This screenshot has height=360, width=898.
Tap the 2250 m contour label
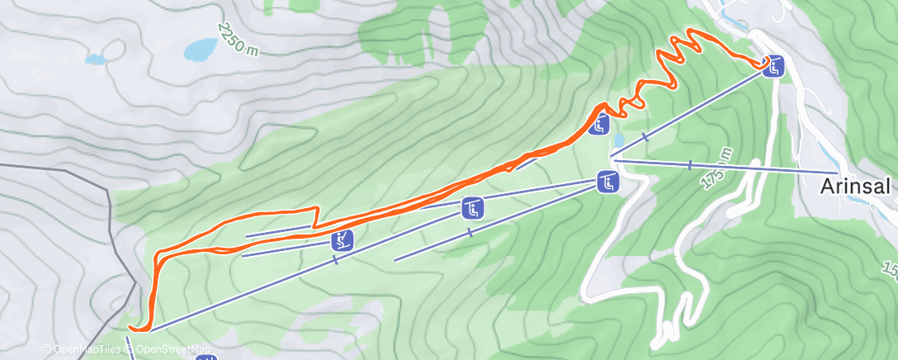click(x=238, y=39)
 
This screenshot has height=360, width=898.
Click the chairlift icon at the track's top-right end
click(x=773, y=66)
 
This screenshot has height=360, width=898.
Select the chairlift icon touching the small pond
click(x=600, y=125)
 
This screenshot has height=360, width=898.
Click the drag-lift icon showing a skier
click(x=342, y=241)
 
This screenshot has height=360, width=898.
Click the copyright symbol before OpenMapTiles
click(x=46, y=350)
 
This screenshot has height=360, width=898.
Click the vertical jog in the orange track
click(x=314, y=217)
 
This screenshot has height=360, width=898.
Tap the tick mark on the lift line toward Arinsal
click(x=689, y=165)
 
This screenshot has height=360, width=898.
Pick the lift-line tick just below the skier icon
click(x=335, y=259)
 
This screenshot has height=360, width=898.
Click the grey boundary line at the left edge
click(x=110, y=206)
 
